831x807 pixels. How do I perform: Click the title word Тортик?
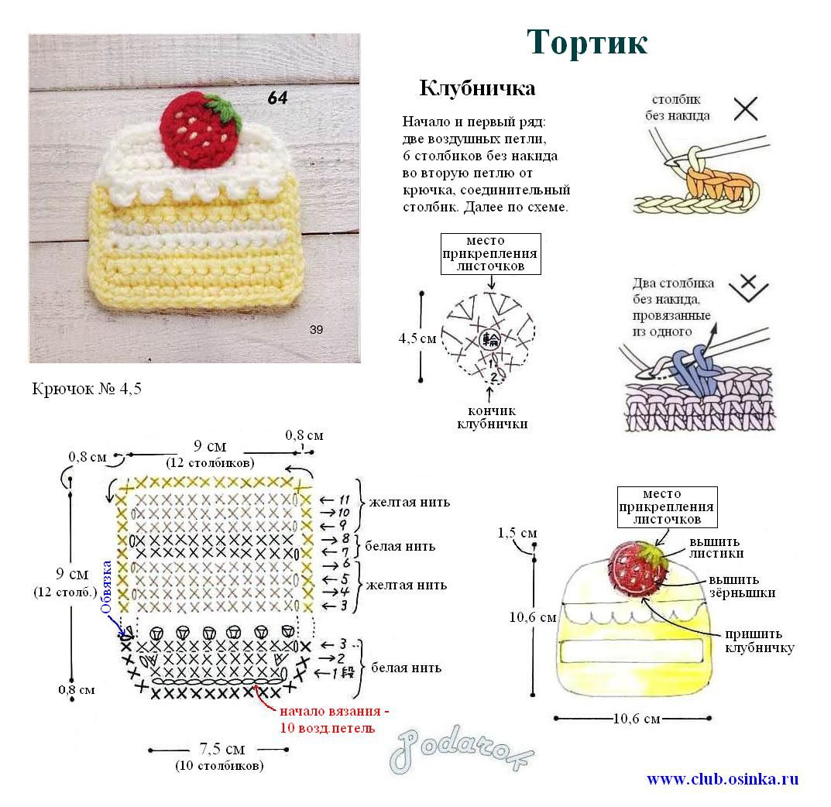tap(587, 42)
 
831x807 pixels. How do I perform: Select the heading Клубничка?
tap(477, 88)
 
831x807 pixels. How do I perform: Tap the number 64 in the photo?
tap(278, 98)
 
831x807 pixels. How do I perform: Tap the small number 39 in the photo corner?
tap(317, 330)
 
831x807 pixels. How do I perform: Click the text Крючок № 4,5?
tap(87, 389)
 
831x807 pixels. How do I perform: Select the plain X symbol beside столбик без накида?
tap(746, 108)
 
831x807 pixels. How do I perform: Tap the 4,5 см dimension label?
tap(417, 338)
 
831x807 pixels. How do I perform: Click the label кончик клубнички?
tap(493, 417)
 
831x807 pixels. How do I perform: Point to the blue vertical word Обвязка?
tap(107, 586)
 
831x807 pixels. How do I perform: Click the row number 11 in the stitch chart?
tap(345, 500)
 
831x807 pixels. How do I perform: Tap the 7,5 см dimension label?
tap(222, 749)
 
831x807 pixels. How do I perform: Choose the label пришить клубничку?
tap(760, 640)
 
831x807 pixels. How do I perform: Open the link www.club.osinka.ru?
tap(723, 779)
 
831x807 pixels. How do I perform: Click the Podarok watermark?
tap(461, 749)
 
